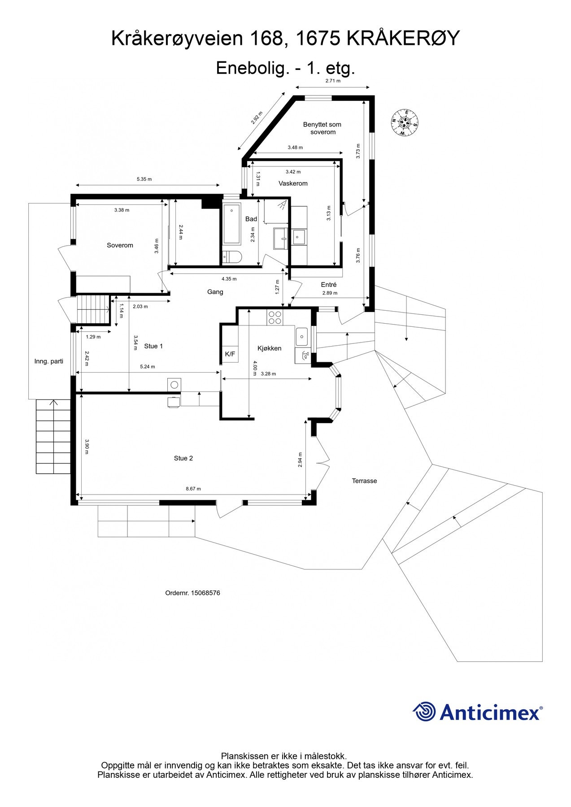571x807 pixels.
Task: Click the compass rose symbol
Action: click(405, 122)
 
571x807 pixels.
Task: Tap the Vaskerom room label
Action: click(293, 183)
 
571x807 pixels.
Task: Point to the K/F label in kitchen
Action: click(230, 354)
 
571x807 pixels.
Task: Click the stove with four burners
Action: click(275, 317)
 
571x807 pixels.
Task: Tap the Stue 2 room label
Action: click(183, 458)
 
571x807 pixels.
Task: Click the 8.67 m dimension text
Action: click(193, 489)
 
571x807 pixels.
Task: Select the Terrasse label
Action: click(364, 481)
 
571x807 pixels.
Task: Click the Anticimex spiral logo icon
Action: click(424, 712)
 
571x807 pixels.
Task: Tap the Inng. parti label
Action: click(49, 361)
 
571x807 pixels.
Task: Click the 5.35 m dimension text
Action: click(144, 179)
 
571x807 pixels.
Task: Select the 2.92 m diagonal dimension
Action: click(256, 118)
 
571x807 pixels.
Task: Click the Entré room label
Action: click(329, 285)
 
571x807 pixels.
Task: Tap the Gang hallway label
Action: click(215, 292)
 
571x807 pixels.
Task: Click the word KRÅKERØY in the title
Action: click(403, 39)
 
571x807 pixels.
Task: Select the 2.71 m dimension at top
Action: click(333, 81)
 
